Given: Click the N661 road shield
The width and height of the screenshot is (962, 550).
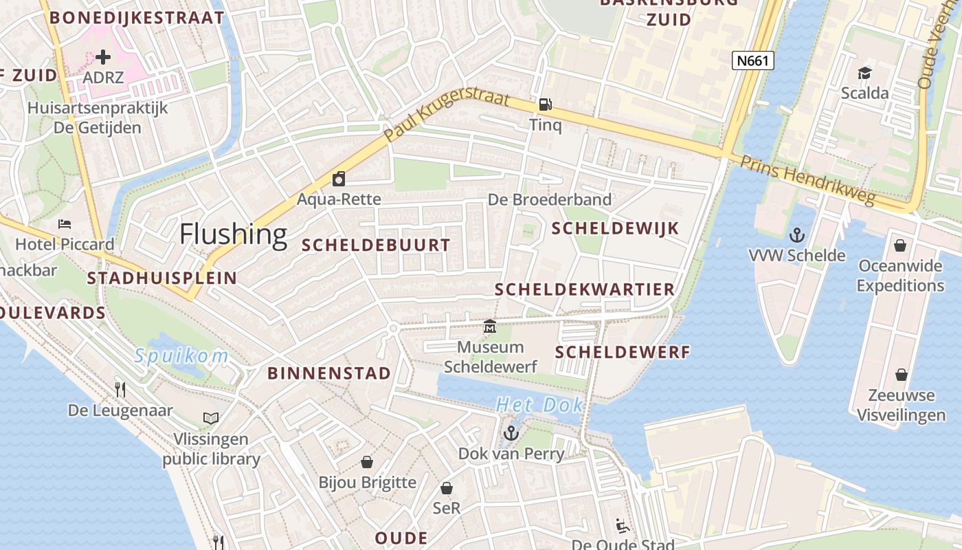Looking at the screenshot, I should [x=752, y=61].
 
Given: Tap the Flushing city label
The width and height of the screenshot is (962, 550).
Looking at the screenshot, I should [x=233, y=234].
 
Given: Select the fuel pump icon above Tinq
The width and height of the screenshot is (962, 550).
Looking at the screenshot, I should [x=545, y=104].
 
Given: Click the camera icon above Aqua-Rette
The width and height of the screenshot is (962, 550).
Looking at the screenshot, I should [x=338, y=179].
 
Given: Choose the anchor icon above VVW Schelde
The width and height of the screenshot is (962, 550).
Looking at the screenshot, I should [x=796, y=235].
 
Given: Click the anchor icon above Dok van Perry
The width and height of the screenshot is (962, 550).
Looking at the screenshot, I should [x=511, y=433].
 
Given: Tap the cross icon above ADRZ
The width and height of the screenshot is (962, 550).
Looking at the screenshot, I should [x=103, y=57].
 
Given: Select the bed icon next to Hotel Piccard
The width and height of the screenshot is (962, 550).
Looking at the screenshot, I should [x=65, y=224].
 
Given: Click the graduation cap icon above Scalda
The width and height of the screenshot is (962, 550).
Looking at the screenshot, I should [x=864, y=72].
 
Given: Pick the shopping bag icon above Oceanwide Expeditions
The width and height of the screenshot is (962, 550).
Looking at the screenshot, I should [x=900, y=245].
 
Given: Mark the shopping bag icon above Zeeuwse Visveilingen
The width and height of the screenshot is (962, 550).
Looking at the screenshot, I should [x=902, y=375].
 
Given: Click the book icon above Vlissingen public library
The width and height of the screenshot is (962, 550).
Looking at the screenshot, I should [x=211, y=418].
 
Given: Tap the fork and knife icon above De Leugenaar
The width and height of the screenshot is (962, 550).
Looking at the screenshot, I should [x=120, y=390].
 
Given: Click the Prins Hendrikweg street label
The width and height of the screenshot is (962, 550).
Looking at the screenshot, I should [x=807, y=181].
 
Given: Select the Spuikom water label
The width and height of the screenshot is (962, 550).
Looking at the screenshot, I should [x=181, y=356].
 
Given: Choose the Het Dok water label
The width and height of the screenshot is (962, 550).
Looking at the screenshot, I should [x=539, y=405].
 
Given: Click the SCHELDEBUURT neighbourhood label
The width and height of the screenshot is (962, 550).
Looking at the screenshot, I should [x=376, y=245].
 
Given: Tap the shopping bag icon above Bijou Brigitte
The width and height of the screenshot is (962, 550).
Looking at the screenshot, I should [x=367, y=461].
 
